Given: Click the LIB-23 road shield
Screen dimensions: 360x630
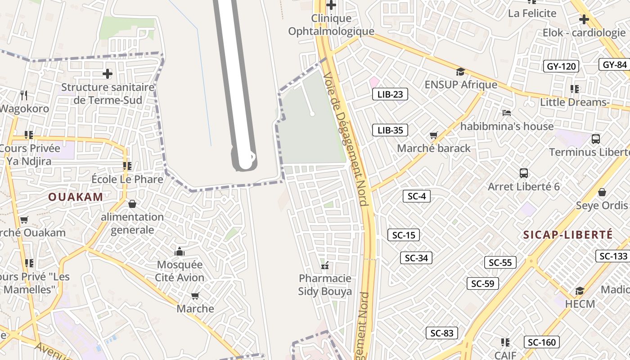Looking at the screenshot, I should pyautogui.click(x=390, y=94).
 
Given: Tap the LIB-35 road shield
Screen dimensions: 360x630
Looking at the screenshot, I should pyautogui.click(x=390, y=130).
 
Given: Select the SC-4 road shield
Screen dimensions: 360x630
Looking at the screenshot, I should pyautogui.click(x=417, y=196).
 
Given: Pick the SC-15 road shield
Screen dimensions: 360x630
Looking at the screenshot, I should pyautogui.click(x=404, y=235).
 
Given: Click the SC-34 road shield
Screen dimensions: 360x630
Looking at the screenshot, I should pyautogui.click(x=416, y=258).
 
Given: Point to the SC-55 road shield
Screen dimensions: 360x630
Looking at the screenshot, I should pyautogui.click(x=500, y=262).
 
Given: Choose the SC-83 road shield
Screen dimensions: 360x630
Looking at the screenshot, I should pyautogui.click(x=442, y=333).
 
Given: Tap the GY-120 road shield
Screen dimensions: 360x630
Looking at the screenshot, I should pyautogui.click(x=561, y=67).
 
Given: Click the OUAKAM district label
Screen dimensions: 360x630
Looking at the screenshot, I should pyautogui.click(x=76, y=197).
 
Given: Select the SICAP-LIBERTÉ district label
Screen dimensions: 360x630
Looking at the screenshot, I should pyautogui.click(x=568, y=234).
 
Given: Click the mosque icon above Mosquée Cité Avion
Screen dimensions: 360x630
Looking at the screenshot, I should pyautogui.click(x=180, y=251).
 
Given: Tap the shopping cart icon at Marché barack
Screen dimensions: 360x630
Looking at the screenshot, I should pyautogui.click(x=434, y=135).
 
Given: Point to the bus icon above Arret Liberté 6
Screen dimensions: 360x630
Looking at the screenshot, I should pyautogui.click(x=523, y=173).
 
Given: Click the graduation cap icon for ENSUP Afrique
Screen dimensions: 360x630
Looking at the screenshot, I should pyautogui.click(x=460, y=72).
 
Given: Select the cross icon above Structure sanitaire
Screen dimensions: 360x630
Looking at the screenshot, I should pyautogui.click(x=108, y=73).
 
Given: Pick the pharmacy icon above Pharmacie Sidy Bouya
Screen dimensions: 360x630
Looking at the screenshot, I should pyautogui.click(x=325, y=265).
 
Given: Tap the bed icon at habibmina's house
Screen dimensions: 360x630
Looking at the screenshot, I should pyautogui.click(x=507, y=113).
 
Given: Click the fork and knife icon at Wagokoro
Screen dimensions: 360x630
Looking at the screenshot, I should pyautogui.click(x=24, y=95).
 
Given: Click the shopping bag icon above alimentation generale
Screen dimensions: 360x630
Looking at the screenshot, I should pyautogui.click(x=132, y=204).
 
